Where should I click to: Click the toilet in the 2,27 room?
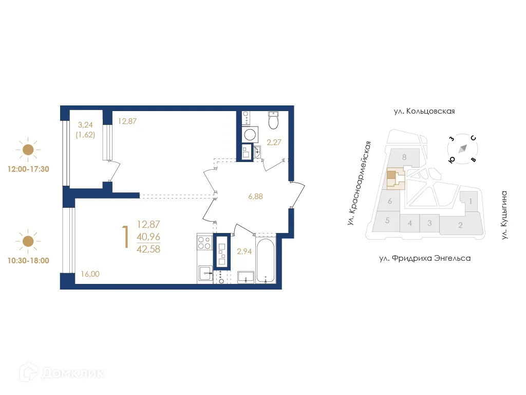tap(273, 121)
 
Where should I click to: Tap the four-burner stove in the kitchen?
tap(204, 242)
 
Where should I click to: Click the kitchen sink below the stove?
tap(205, 273)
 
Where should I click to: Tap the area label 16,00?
tap(90, 274)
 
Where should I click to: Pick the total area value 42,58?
tap(148, 250)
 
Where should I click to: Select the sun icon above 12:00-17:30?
tap(28, 150)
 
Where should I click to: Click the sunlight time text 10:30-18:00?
tap(28, 260)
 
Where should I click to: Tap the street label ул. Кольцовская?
tap(424, 111)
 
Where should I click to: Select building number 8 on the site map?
tap(405, 157)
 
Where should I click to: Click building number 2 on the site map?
tap(460, 225)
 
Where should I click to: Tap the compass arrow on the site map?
tap(463, 148)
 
